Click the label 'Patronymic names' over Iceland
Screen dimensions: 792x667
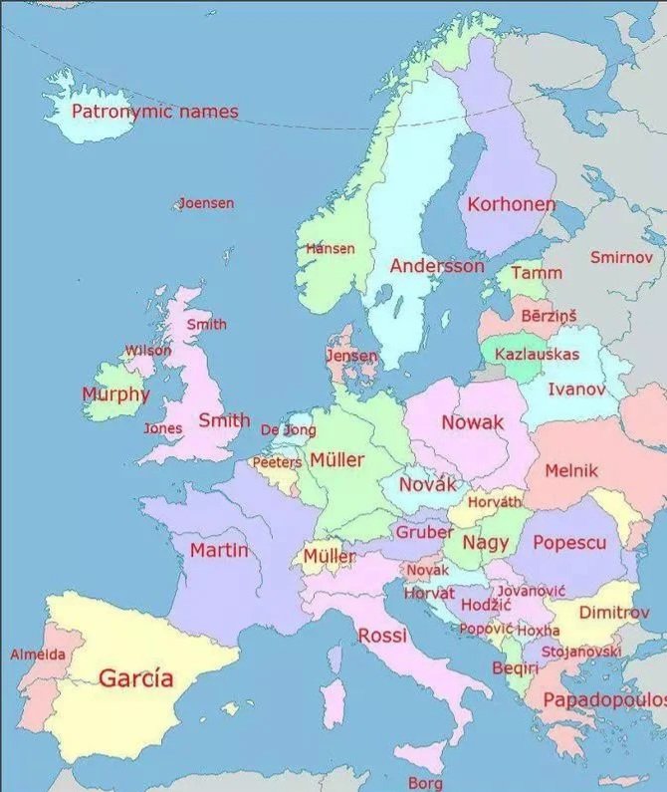pyautogui.click(x=154, y=112)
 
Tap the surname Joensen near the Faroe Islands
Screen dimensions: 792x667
pyautogui.click(x=206, y=203)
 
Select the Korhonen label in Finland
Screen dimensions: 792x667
pyautogui.click(x=511, y=204)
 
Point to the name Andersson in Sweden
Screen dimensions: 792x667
pyautogui.click(x=437, y=266)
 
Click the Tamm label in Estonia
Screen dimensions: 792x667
pyautogui.click(x=537, y=272)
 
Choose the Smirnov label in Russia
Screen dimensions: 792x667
pyautogui.click(x=621, y=257)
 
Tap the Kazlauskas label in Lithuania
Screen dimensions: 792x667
pyautogui.click(x=537, y=354)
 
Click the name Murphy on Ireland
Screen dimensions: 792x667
pyautogui.click(x=114, y=394)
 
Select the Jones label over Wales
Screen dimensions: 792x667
pyautogui.click(x=162, y=428)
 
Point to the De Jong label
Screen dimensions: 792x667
pyautogui.click(x=288, y=430)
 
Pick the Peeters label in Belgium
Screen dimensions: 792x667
pyautogui.click(x=276, y=462)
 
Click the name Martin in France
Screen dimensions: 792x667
pyautogui.click(x=219, y=550)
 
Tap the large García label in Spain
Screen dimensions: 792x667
pyautogui.click(x=135, y=678)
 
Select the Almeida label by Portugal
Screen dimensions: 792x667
pyautogui.click(x=38, y=655)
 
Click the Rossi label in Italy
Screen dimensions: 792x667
pyautogui.click(x=382, y=635)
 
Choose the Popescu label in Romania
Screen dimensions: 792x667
pyautogui.click(x=569, y=543)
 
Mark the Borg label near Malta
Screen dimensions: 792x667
pyautogui.click(x=425, y=783)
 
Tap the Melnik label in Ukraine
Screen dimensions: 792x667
pyautogui.click(x=571, y=470)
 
